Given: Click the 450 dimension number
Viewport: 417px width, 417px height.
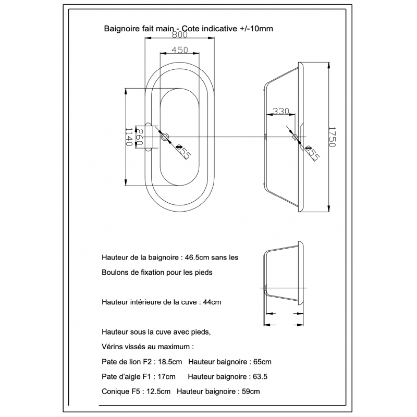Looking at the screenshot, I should pos(179,50).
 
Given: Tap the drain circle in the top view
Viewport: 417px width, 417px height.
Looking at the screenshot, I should pos(165,138).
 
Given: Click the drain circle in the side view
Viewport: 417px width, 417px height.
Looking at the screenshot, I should pos(295,138).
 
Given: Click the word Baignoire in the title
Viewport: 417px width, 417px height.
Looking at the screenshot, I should pos(121,30).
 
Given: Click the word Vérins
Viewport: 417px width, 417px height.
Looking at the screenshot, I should pos(113,346).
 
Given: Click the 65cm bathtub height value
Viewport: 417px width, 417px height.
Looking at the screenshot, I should pos(262,361).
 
